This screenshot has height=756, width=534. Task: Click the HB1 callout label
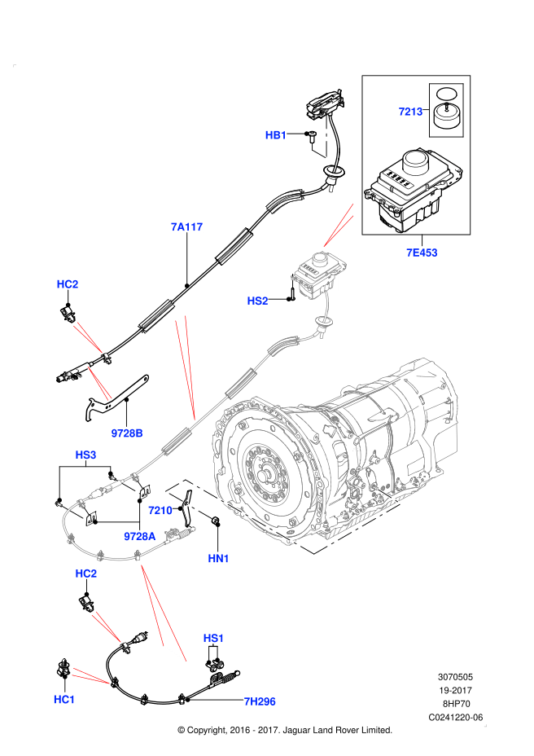click(x=276, y=135)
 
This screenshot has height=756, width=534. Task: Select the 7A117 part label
click(x=186, y=227)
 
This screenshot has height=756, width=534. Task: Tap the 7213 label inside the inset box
click(x=410, y=112)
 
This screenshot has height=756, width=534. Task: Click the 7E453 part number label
click(x=422, y=253)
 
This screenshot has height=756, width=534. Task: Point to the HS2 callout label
click(x=257, y=301)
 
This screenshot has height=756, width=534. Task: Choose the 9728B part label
click(x=127, y=433)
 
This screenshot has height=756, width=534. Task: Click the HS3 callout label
click(x=85, y=454)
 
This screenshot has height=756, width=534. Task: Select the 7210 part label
click(x=160, y=511)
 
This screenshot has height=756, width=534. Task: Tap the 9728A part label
click(x=140, y=536)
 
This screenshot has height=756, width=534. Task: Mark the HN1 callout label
click(x=219, y=558)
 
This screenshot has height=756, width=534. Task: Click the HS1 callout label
click(x=213, y=637)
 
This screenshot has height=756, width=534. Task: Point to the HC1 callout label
click(x=64, y=700)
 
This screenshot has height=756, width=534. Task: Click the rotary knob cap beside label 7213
click(x=445, y=116)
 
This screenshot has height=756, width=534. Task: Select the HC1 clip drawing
click(x=62, y=670)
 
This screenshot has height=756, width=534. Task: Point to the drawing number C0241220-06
click(x=456, y=717)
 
